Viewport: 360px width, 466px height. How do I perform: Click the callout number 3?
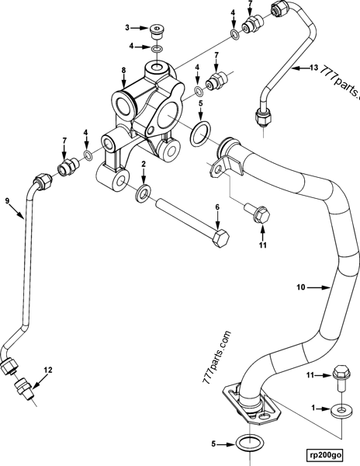tap(129, 29)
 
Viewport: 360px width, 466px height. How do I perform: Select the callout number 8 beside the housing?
tap(123, 71)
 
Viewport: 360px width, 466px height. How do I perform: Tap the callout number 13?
tap(313, 68)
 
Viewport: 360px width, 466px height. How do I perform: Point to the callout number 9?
tap(8, 201)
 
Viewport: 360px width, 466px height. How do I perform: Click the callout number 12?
tap(48, 370)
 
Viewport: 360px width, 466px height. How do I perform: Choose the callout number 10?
tap(300, 287)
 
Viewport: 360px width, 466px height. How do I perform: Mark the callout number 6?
tap(217, 207)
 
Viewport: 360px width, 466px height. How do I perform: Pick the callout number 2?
tap(143, 164)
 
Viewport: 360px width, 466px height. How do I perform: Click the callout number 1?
tap(314, 406)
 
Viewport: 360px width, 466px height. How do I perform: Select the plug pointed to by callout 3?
tap(157, 32)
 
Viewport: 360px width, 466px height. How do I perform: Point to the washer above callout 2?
tap(143, 191)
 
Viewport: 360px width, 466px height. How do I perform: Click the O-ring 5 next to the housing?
tap(199, 132)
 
